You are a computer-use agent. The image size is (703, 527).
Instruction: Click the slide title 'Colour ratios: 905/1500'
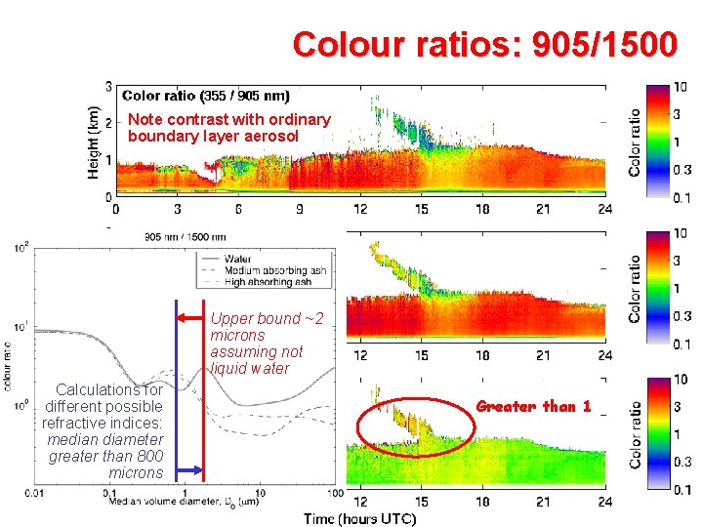[x=483, y=45]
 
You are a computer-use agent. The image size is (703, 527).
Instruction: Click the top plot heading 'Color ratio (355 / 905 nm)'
[x=205, y=96]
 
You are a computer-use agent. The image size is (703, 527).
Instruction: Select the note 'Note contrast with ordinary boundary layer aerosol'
[x=228, y=128]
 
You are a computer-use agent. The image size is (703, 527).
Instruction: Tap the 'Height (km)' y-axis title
[x=95, y=142]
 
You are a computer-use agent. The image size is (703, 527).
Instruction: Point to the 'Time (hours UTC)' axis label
[x=358, y=517]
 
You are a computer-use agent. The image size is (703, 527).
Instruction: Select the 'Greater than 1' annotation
[x=533, y=406]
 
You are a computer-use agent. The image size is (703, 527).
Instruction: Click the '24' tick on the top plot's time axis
[x=604, y=209]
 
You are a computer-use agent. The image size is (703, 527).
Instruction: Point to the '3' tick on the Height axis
[x=108, y=86]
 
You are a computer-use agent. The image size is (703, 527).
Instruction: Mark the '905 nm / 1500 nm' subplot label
[x=186, y=236]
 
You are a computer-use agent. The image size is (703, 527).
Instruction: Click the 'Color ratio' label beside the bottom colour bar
[x=635, y=434]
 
